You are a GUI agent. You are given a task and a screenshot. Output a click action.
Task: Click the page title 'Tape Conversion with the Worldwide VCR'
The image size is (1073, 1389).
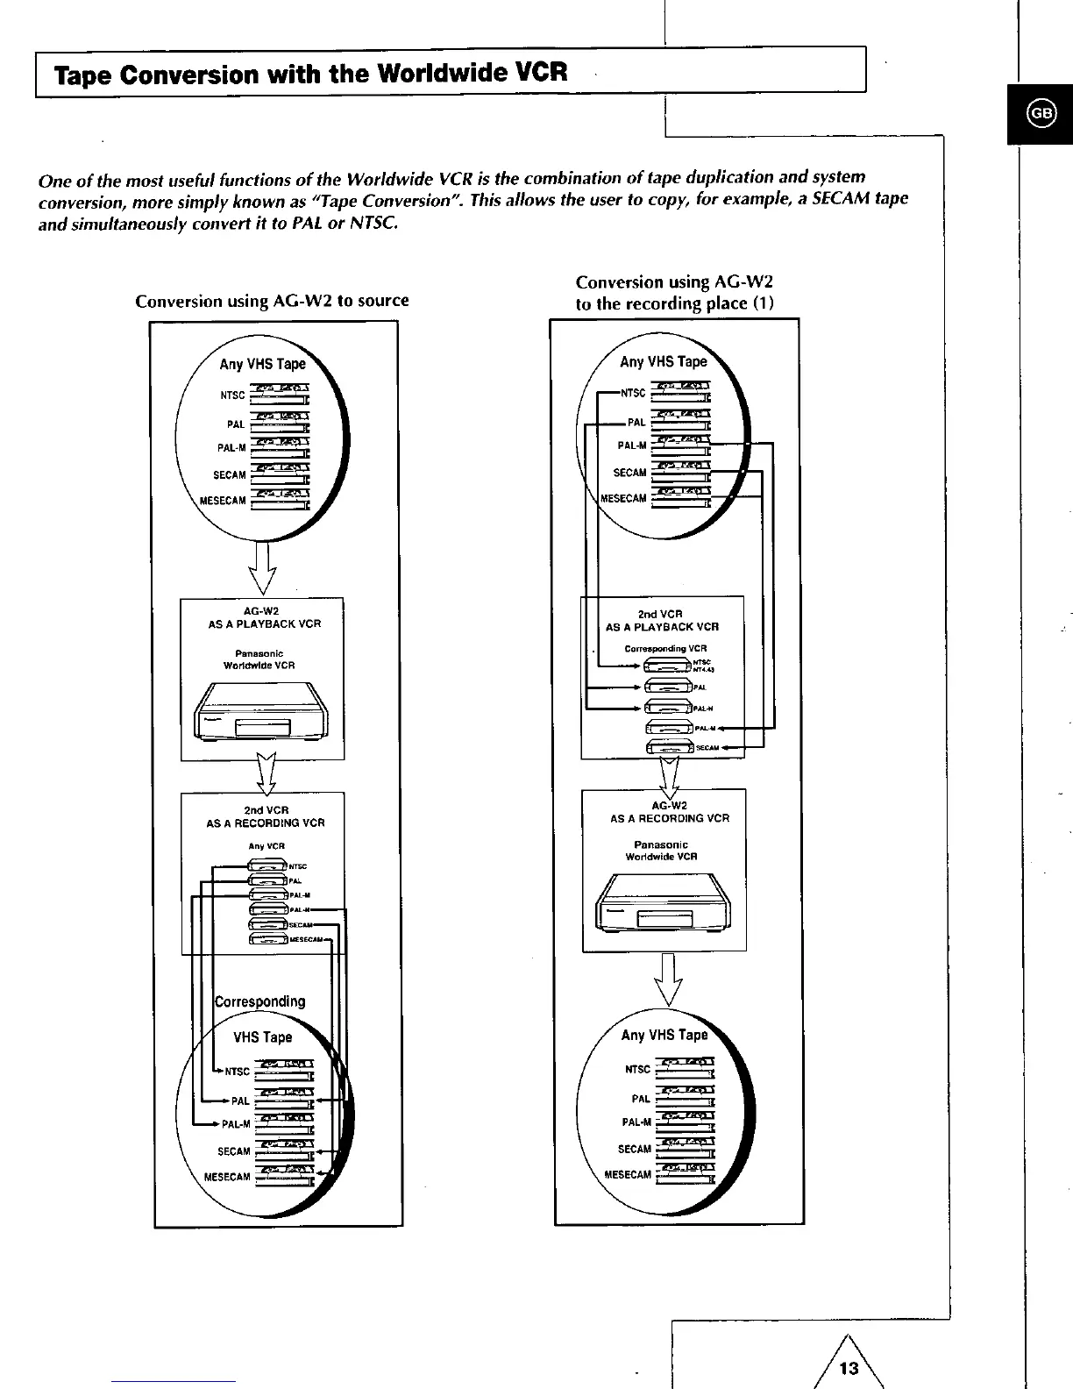pyautogui.click(x=311, y=73)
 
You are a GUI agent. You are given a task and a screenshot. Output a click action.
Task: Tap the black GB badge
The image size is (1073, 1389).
pyautogui.click(x=1041, y=113)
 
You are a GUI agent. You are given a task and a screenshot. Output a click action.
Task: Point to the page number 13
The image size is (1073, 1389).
pyautogui.click(x=849, y=1367)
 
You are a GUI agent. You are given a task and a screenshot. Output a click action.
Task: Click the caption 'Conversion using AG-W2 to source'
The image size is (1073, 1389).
pyautogui.click(x=272, y=301)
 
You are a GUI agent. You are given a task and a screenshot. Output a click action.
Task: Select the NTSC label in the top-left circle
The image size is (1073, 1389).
pyautogui.click(x=233, y=395)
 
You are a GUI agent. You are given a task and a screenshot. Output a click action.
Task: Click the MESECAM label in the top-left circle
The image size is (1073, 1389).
pyautogui.click(x=224, y=501)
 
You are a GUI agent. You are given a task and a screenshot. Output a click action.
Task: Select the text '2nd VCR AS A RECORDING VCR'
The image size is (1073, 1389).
pyautogui.click(x=265, y=816)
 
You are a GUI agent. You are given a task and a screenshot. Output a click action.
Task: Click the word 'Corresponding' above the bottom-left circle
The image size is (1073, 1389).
pyautogui.click(x=260, y=1001)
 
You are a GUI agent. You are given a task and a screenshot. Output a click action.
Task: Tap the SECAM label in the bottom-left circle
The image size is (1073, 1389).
pyautogui.click(x=234, y=1151)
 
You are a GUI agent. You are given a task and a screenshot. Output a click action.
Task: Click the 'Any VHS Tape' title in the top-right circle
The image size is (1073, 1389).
pyautogui.click(x=663, y=361)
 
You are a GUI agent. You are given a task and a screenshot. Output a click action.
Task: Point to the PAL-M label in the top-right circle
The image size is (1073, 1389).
pyautogui.click(x=632, y=445)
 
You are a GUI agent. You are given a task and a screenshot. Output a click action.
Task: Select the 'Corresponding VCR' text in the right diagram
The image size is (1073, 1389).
pyautogui.click(x=665, y=649)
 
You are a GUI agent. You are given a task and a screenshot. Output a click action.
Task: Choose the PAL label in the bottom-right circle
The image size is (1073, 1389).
pyautogui.click(x=641, y=1099)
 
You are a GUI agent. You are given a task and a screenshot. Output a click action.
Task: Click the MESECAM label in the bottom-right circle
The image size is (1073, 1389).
pyautogui.click(x=628, y=1174)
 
